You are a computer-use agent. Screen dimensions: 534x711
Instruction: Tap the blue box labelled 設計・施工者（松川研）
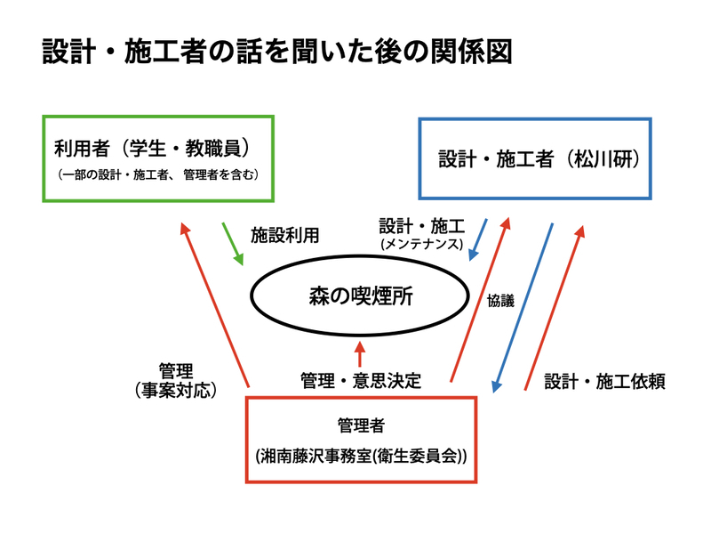point(536,158)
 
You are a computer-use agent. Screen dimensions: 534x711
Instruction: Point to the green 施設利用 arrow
point(232,243)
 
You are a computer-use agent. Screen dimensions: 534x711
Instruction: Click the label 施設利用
point(284,236)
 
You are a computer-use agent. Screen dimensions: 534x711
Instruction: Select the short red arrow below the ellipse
point(359,352)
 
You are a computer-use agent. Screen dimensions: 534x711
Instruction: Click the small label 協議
point(500,301)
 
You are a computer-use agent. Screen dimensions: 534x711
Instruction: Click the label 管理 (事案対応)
point(174,379)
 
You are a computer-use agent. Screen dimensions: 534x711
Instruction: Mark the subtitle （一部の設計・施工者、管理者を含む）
point(157,174)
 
